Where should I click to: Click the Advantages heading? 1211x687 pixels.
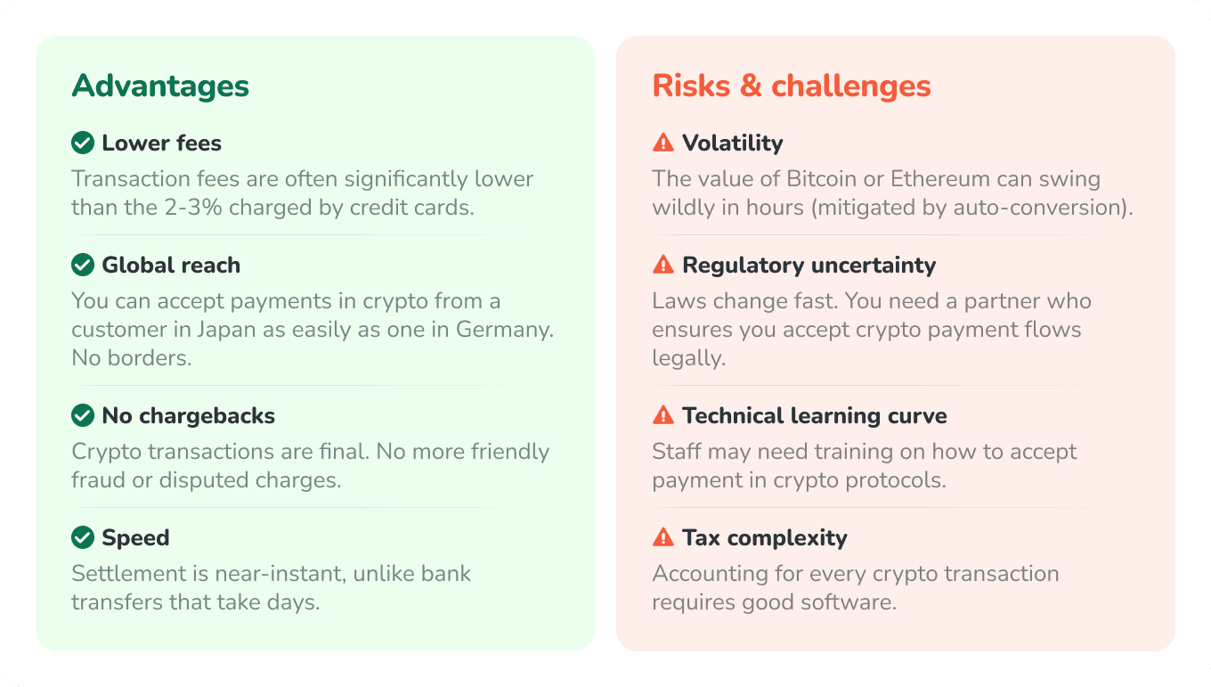[x=160, y=86]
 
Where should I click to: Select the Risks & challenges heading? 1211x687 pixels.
[x=792, y=86]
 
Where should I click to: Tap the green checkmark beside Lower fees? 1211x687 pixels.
[x=83, y=143]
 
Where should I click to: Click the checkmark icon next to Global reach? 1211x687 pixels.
[x=83, y=265]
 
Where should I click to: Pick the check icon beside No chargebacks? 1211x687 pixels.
[x=83, y=415]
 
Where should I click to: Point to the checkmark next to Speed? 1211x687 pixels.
[x=83, y=537]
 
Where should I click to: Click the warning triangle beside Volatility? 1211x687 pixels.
[x=663, y=143]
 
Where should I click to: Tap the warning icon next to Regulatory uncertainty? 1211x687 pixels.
[x=663, y=265]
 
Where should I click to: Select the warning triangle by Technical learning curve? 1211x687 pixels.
[x=663, y=415]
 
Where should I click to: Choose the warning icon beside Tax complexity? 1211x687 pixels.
[x=663, y=537]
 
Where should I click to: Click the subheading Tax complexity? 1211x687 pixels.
[x=764, y=537]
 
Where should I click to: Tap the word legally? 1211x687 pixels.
[x=687, y=358]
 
